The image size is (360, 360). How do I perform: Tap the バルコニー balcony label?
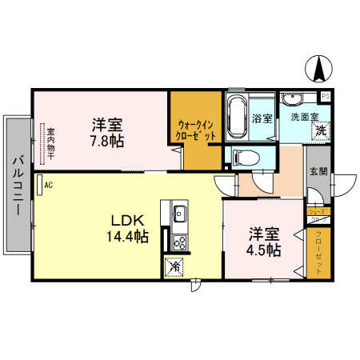click(16, 183)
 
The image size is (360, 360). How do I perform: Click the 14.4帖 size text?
click(126, 237)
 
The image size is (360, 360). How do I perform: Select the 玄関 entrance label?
click(317, 175)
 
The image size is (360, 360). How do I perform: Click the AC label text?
click(49, 186)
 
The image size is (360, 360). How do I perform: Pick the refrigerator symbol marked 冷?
click(174, 267)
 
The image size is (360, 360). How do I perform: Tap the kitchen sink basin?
click(178, 214)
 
